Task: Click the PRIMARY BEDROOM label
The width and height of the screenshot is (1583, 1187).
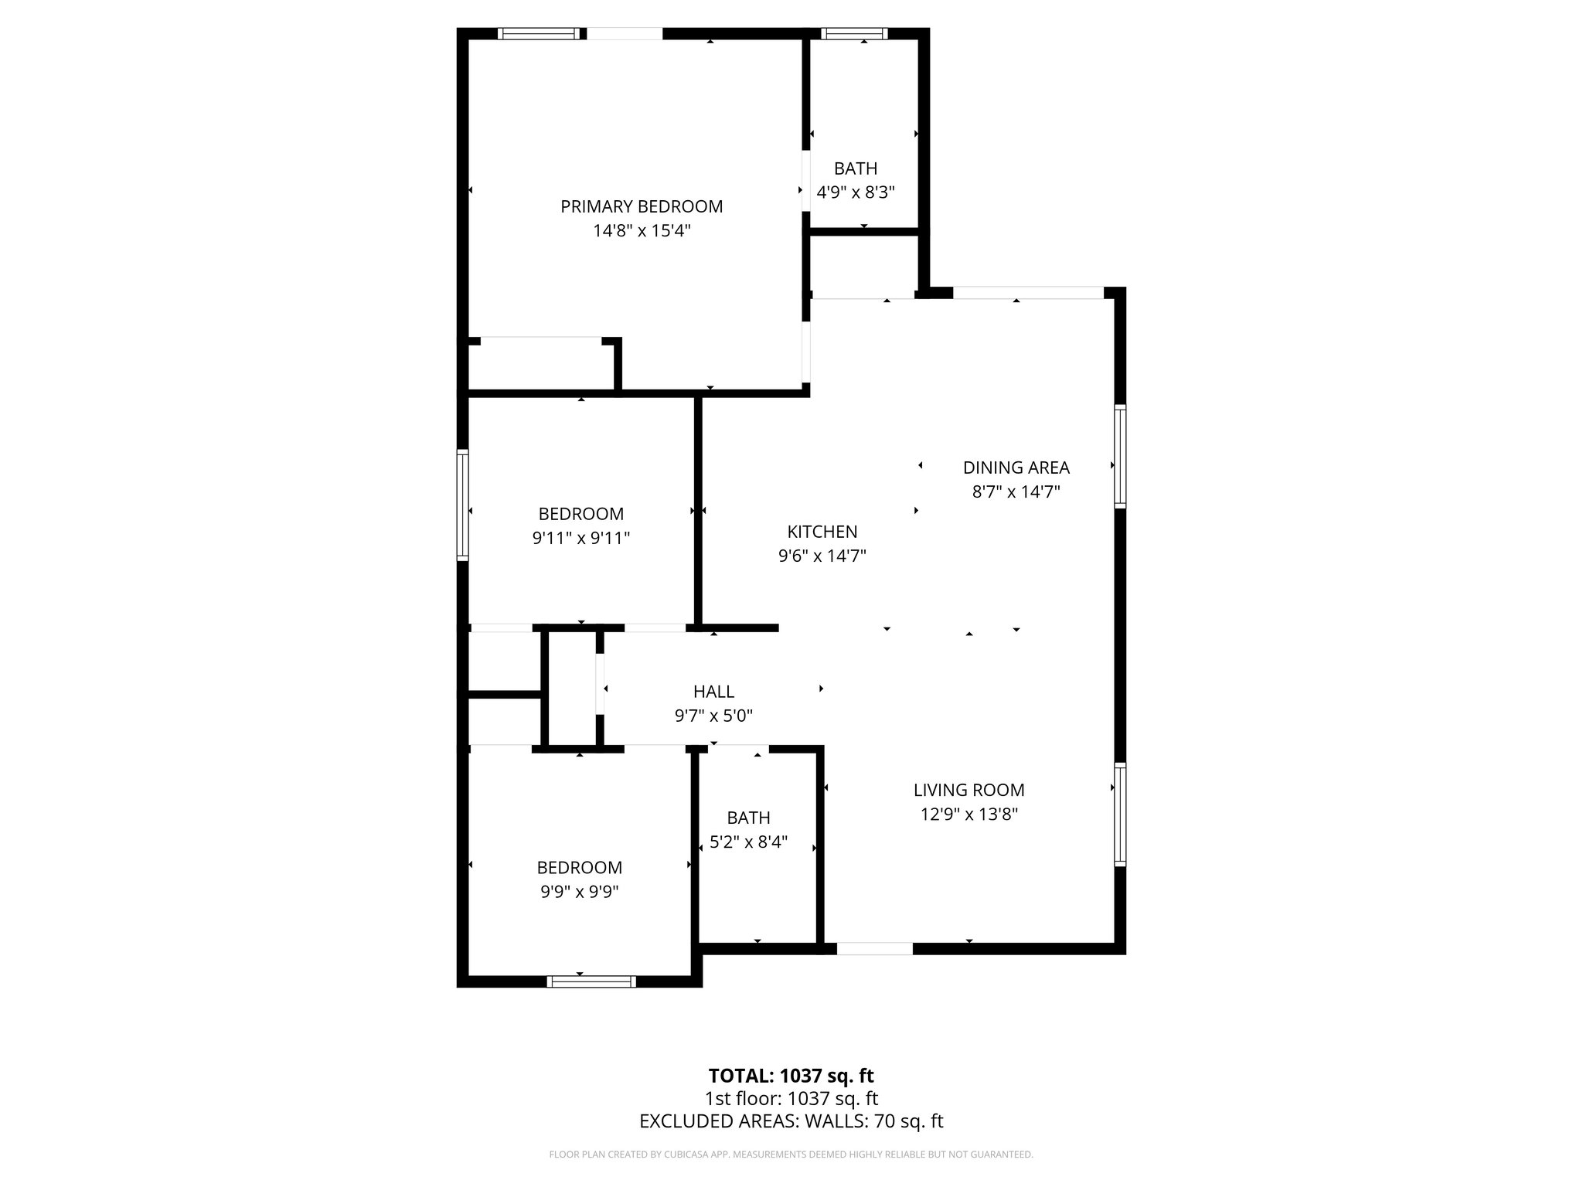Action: (642, 206)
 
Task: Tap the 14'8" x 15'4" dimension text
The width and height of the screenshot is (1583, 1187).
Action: (642, 230)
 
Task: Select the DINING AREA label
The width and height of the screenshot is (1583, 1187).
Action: (1016, 468)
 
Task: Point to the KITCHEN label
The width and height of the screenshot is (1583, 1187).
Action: (822, 532)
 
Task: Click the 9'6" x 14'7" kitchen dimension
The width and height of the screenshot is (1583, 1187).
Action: (822, 556)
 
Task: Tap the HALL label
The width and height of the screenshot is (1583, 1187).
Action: (713, 692)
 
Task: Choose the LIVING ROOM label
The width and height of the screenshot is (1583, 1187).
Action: (969, 790)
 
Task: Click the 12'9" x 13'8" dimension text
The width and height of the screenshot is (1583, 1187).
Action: (969, 814)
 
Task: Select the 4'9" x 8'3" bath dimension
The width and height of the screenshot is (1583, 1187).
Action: (856, 192)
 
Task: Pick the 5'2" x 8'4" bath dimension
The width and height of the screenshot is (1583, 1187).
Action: (748, 842)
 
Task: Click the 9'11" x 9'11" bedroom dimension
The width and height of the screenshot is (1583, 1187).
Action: (581, 538)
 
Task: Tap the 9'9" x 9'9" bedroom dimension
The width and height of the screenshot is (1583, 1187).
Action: (580, 892)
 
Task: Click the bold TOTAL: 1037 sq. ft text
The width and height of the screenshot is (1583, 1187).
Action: (791, 1076)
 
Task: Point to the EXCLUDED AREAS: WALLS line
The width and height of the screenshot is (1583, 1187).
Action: (791, 1121)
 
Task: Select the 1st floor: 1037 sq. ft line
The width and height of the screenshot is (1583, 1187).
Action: (791, 1098)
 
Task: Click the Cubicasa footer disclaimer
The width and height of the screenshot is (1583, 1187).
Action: (791, 1155)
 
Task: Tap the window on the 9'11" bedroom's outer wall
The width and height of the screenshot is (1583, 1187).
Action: (463, 505)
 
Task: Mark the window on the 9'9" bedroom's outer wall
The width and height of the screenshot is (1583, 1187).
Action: (591, 981)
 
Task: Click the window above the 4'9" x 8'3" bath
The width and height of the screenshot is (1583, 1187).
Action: (854, 33)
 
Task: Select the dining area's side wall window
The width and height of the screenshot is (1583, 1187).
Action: (1119, 456)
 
